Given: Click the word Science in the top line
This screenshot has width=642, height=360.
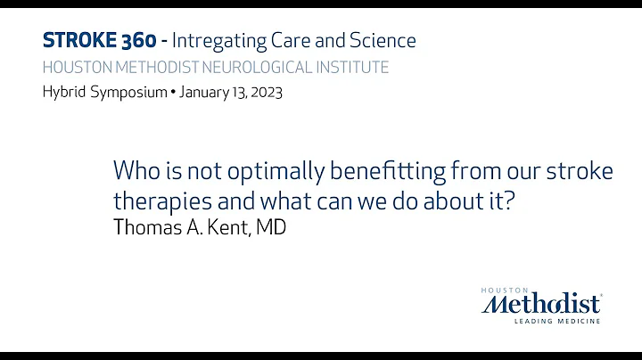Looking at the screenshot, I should [381, 40].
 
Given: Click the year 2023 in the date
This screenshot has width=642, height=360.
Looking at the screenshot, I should [264, 93].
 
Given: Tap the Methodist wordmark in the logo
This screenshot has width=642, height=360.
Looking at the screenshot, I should [542, 304].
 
